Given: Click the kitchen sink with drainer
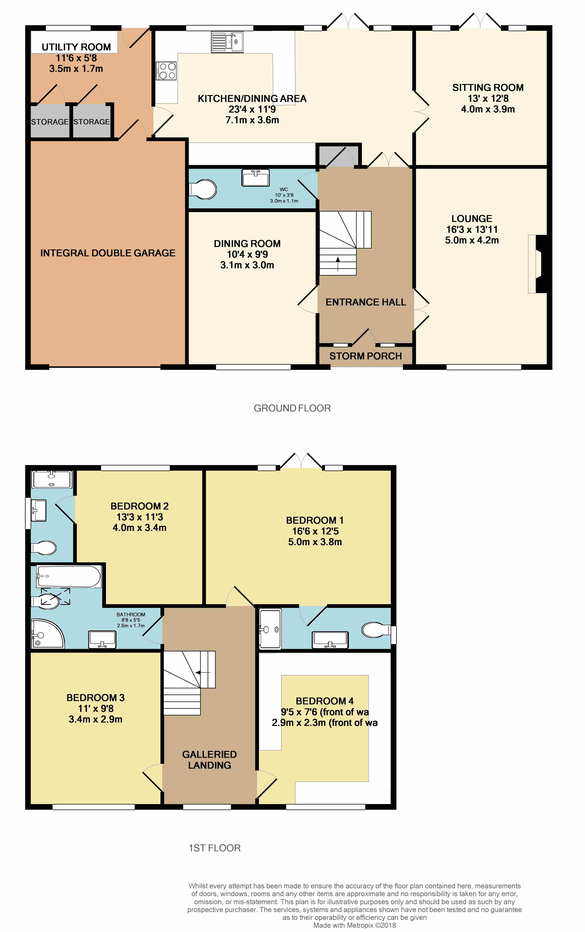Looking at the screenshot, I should pyautogui.click(x=227, y=42).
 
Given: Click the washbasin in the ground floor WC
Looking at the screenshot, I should pyautogui.click(x=255, y=178).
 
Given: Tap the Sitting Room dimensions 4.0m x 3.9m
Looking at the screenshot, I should pyautogui.click(x=488, y=109).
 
